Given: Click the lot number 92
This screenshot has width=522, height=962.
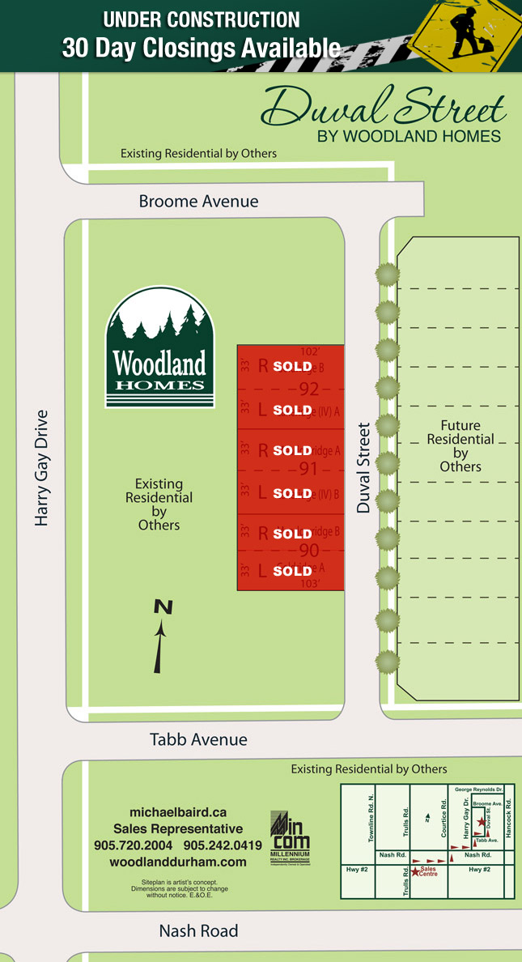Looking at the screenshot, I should point(309,389).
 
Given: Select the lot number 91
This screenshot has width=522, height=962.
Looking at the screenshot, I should point(309,469).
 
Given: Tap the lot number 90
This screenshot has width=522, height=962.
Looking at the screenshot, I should point(309,551).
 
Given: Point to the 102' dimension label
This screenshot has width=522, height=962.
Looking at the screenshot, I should point(311,352).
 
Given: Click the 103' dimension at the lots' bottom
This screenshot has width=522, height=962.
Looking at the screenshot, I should point(311,583).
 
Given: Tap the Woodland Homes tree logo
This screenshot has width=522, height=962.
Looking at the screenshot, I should point(159,347).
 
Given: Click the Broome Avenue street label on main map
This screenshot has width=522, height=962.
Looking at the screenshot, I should point(198,202).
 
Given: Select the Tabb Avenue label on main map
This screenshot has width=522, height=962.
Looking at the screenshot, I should point(198,739).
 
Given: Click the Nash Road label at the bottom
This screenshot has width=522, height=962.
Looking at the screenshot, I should point(198,931).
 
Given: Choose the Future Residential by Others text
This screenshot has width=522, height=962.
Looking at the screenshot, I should point(460,445).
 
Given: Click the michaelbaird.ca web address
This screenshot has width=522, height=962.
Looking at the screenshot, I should point(178,812).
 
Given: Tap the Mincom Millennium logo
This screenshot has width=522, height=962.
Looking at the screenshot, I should point(290,839).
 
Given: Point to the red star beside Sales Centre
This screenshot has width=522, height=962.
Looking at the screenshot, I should point(415,871).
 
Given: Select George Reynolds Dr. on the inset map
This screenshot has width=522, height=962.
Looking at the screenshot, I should point(478,788).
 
